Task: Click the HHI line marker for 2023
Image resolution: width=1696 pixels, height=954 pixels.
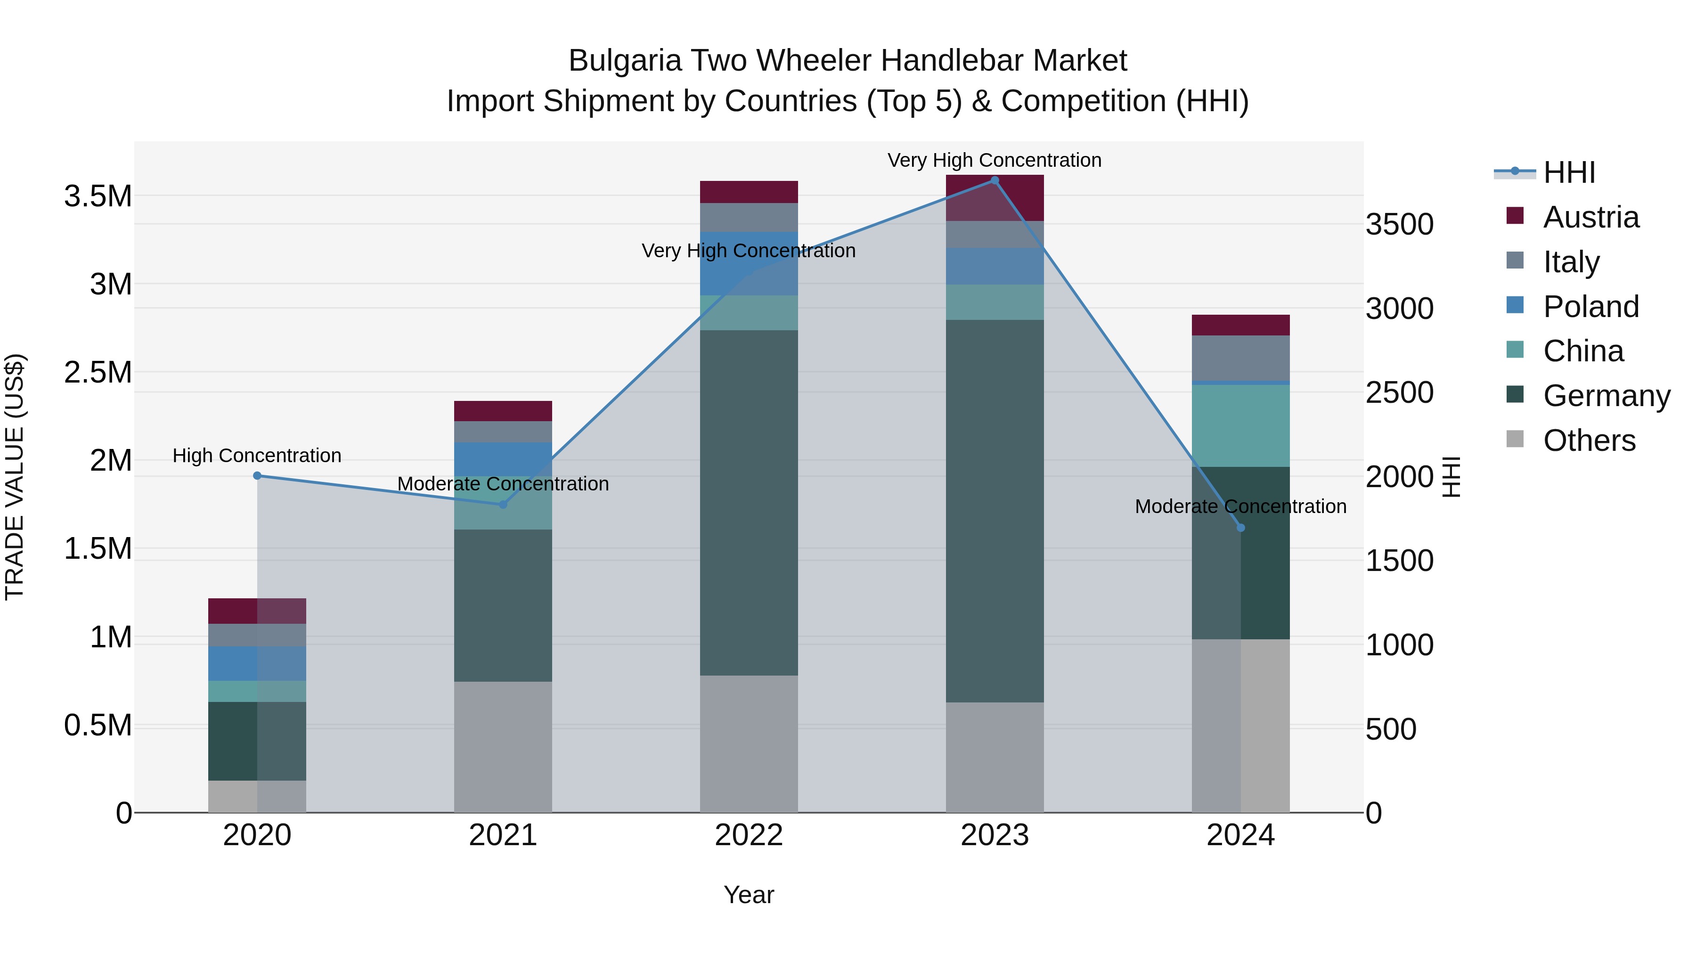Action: point(994,180)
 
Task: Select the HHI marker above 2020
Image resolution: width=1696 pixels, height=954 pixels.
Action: point(257,475)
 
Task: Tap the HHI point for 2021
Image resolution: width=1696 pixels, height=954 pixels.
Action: point(503,504)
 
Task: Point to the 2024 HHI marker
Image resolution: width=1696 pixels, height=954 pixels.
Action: point(1240,527)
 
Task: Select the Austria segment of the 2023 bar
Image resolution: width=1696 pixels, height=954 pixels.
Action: point(994,197)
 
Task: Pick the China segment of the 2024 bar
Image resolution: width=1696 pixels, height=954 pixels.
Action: point(1240,425)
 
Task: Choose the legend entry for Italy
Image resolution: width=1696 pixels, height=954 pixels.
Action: point(1571,261)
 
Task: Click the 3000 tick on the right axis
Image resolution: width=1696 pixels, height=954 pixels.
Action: point(1399,308)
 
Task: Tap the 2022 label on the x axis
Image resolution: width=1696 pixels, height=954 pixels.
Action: point(749,835)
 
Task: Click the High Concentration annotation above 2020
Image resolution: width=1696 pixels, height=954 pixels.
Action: point(257,456)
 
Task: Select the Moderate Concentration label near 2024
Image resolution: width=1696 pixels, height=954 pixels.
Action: point(1240,506)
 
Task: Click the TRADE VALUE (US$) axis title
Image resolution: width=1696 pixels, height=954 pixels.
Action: point(15,477)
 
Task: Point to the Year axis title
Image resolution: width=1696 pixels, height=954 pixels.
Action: point(749,895)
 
